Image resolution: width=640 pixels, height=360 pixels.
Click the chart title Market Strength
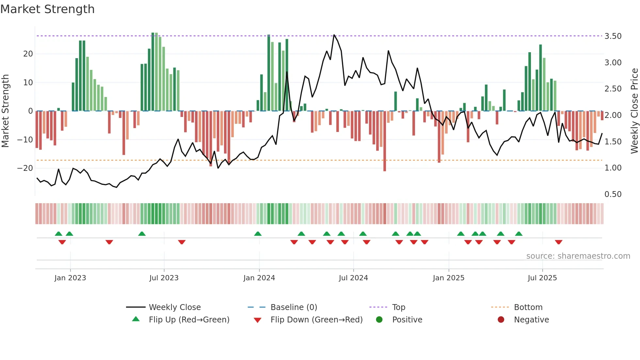click(48, 9)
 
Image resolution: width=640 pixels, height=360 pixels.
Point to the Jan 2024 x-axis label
click(259, 278)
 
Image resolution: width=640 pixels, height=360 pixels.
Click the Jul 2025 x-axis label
click(542, 278)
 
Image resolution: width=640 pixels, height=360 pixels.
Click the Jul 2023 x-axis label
click(164, 278)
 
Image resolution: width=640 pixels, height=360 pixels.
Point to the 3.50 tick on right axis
click(613, 36)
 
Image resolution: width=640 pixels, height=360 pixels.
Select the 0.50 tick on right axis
click(613, 194)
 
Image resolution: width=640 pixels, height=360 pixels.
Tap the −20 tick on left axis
click(25, 168)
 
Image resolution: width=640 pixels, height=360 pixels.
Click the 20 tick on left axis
click(28, 54)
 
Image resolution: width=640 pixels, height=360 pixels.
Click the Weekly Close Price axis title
click(634, 111)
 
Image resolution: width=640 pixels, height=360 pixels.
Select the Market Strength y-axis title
click(6, 111)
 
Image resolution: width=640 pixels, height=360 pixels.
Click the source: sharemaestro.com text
click(578, 256)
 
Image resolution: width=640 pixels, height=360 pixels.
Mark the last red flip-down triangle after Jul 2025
click(558, 242)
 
